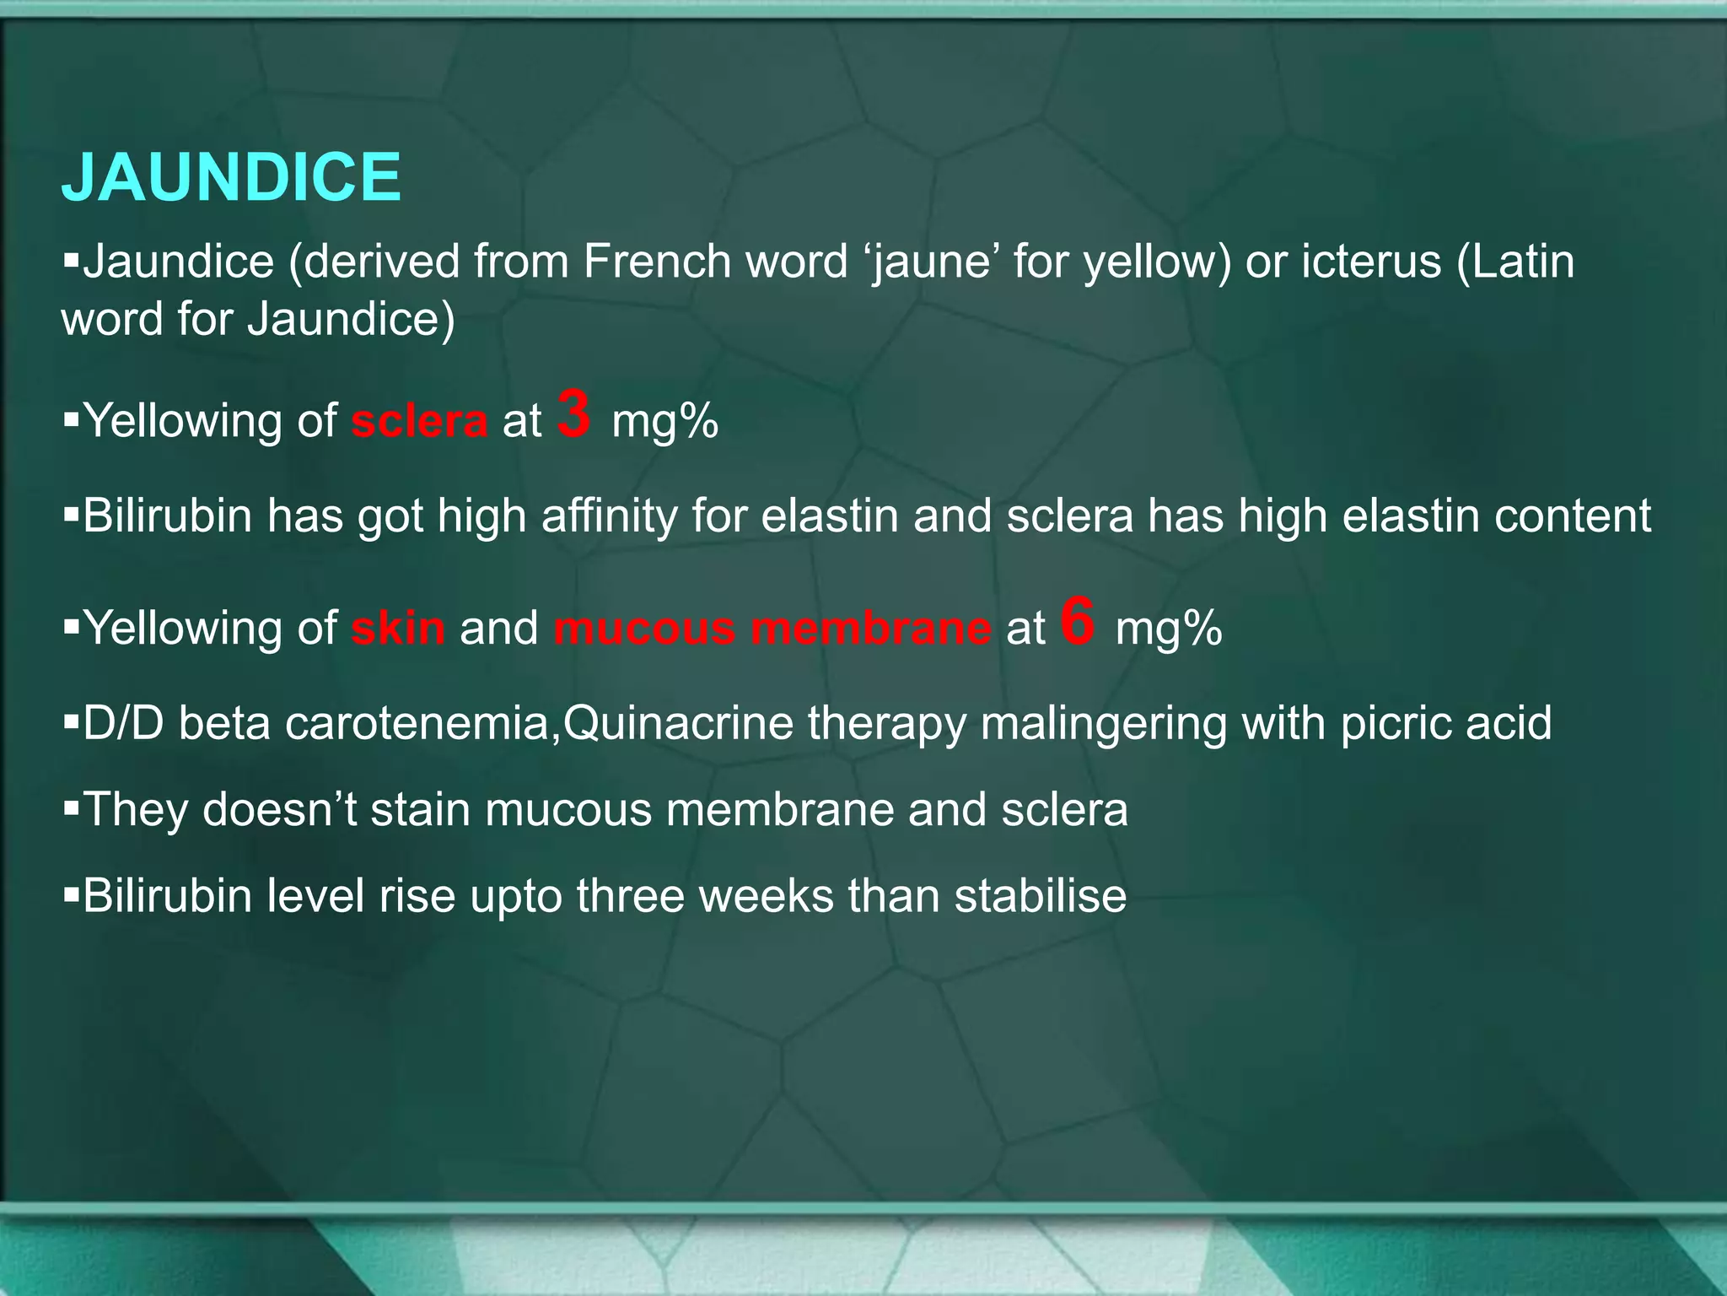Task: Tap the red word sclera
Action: [419, 421]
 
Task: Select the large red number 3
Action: [574, 414]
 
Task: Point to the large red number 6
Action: [1078, 622]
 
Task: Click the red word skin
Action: [398, 629]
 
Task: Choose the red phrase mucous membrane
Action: [772, 629]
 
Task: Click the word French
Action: [657, 262]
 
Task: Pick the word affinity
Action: [609, 516]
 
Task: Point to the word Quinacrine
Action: [678, 724]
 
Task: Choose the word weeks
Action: [766, 896]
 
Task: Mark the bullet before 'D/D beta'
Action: [71, 724]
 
